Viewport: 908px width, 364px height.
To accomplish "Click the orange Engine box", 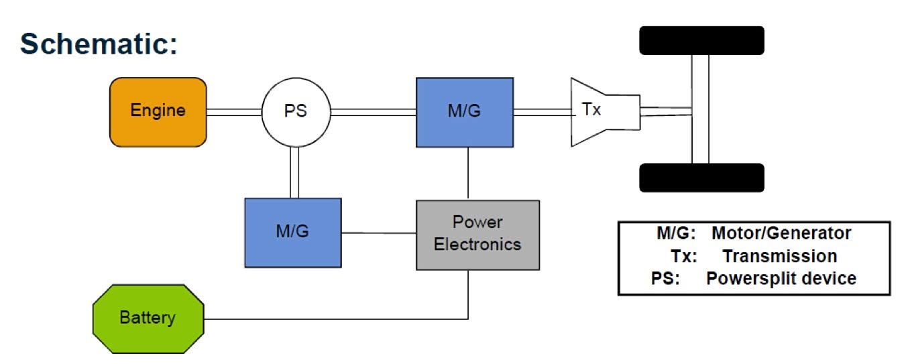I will coord(158,112).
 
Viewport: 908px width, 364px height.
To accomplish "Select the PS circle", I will coord(296,112).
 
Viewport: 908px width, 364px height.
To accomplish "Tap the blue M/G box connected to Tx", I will coord(465,112).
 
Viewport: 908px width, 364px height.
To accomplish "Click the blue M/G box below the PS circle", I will coord(293,233).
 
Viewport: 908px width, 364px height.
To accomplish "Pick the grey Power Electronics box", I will coord(477,235).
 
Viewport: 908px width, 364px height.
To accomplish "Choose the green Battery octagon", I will coord(148,318).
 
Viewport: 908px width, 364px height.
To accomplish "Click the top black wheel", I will coord(701,40).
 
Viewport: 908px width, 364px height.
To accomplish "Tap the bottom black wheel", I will coord(701,178).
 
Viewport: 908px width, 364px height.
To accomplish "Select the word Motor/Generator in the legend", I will coord(781,233).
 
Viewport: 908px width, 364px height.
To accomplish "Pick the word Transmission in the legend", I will coord(780,256).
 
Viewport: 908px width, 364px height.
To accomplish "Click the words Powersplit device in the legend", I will coord(781,278).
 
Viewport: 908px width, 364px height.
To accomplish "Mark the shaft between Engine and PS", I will coord(234,112).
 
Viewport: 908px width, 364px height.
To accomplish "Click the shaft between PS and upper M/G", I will coord(373,112).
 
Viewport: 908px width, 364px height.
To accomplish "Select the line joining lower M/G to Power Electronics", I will coord(379,233).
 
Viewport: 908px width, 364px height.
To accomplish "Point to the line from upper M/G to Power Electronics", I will coord(468,174).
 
